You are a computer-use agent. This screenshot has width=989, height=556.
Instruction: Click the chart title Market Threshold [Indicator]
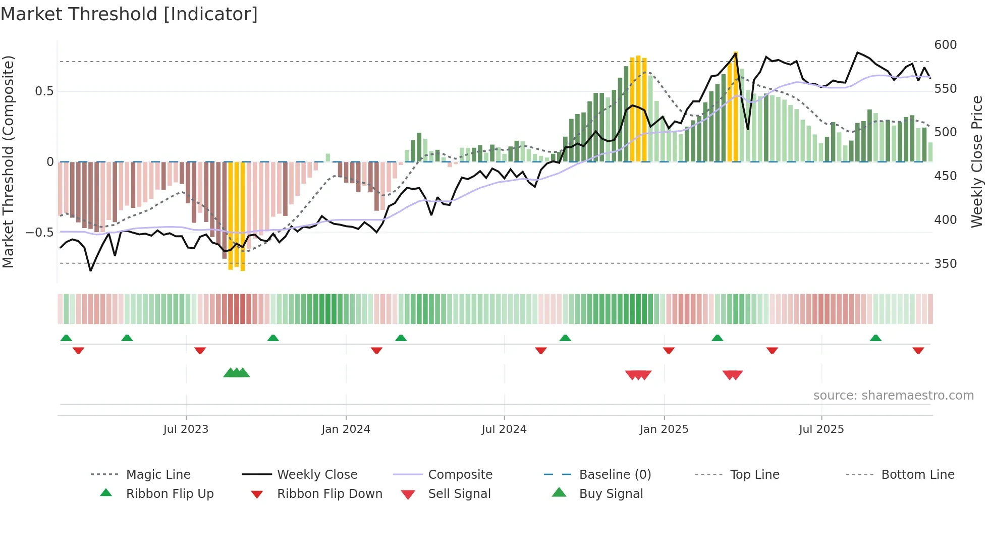coord(129,14)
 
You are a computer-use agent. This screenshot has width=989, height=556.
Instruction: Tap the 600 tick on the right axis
coord(945,45)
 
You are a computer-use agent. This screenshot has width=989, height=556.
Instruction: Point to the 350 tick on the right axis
coord(945,264)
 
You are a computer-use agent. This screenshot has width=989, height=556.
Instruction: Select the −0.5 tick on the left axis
coord(39,233)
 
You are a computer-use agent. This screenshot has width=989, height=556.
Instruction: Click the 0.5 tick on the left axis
coord(44,91)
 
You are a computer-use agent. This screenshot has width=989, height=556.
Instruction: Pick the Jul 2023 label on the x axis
coord(186,429)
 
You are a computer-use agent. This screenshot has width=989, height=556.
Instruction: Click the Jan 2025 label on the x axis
coord(664,429)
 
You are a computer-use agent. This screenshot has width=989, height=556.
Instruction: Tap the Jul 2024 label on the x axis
coord(504,429)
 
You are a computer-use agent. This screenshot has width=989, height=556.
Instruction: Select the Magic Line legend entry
coord(158,475)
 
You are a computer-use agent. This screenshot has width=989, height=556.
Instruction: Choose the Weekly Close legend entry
coord(317,475)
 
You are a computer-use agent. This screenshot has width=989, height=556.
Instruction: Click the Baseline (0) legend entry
coord(615,475)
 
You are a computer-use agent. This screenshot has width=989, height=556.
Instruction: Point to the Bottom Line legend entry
coord(917,475)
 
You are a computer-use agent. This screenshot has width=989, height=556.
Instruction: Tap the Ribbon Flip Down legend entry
coord(329,494)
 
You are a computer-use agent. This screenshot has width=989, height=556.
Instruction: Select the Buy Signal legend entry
coord(611,494)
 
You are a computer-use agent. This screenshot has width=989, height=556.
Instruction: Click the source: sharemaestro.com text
coord(893,396)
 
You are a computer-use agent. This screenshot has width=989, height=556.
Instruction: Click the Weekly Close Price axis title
coord(977,161)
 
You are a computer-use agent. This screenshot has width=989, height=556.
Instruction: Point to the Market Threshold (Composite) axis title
coord(8,161)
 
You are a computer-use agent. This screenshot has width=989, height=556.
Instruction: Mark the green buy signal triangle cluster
coord(237,373)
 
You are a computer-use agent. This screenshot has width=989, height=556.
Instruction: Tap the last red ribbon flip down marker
coord(918,350)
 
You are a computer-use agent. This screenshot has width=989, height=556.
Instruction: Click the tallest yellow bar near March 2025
coord(736,106)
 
